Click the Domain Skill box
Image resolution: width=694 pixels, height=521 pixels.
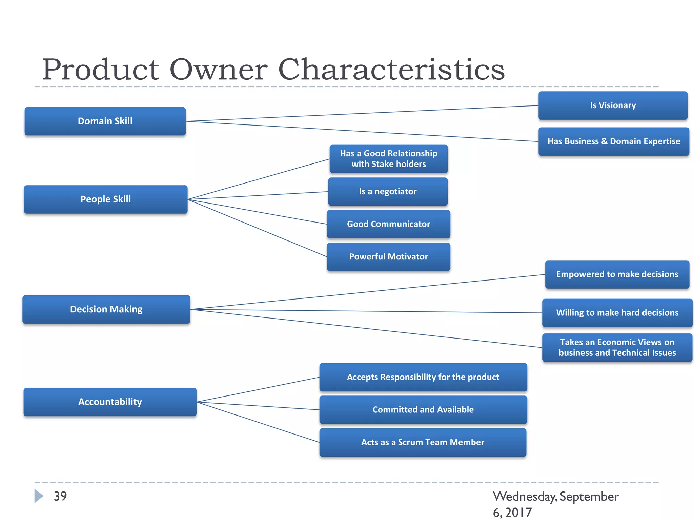[105, 121]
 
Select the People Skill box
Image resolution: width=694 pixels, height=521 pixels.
[105, 199]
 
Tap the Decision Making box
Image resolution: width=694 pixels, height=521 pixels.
[106, 309]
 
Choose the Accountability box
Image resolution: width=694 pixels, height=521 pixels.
[110, 402]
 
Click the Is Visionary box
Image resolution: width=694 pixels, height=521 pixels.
[613, 105]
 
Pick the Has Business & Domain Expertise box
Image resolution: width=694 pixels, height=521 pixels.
[614, 141]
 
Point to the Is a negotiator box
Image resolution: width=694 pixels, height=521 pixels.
[388, 192]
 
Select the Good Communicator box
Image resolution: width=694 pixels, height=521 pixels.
[388, 224]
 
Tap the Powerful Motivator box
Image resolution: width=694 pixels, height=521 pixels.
[388, 257]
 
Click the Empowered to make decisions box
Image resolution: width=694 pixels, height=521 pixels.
[617, 274]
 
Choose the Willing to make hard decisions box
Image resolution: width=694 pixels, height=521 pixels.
[617, 313]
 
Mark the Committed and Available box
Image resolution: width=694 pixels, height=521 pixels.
[423, 410]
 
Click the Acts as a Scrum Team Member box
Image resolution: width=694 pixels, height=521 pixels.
[423, 442]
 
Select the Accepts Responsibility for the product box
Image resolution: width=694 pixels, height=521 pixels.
[423, 377]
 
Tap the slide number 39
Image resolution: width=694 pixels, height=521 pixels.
[60, 496]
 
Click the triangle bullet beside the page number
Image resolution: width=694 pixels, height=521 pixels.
[39, 496]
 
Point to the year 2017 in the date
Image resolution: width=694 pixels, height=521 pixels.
[518, 512]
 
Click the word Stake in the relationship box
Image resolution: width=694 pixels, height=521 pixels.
[383, 164]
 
